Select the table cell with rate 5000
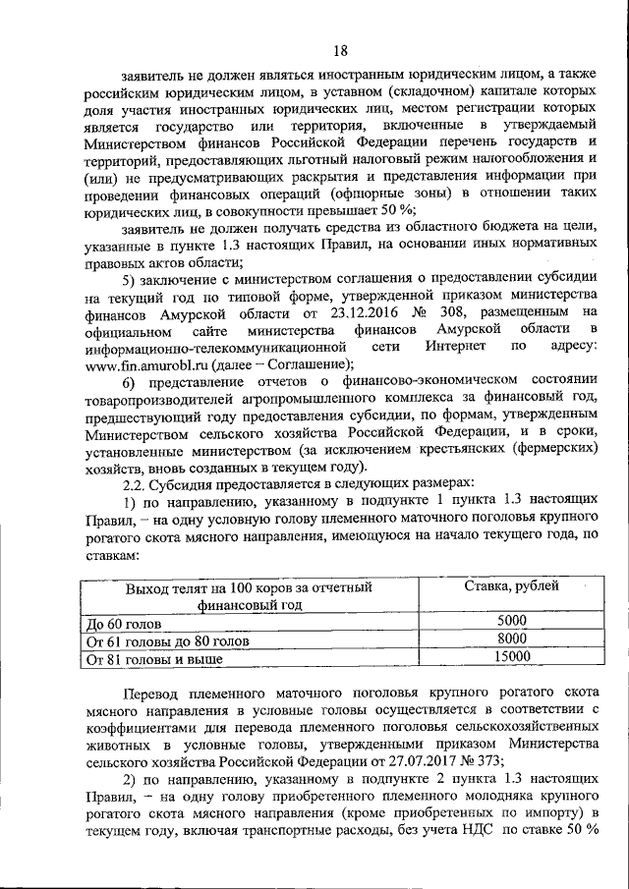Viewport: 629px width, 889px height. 511,620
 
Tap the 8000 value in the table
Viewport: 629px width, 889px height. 511,639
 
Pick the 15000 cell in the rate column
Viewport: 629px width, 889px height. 511,657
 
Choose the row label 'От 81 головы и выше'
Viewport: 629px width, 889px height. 153,659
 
